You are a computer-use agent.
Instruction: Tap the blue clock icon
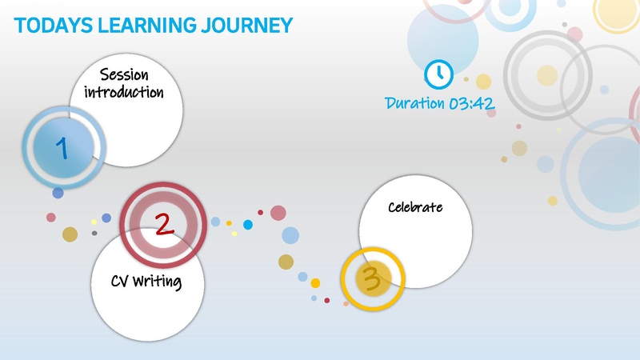(x=438, y=74)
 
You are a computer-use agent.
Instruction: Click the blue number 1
(x=62, y=147)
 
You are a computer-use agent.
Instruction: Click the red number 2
(x=163, y=224)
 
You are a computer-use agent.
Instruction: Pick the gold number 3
(x=370, y=278)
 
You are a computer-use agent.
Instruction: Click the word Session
(x=124, y=75)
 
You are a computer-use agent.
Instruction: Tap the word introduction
(x=124, y=92)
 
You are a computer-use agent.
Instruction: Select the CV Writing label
(x=146, y=282)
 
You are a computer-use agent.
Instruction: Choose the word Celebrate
(x=415, y=207)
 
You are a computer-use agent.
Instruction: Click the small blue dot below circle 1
(x=58, y=193)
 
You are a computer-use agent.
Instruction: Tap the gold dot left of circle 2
(x=70, y=234)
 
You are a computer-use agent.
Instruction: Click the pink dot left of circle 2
(x=51, y=217)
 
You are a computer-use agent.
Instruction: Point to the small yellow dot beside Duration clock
(x=483, y=81)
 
